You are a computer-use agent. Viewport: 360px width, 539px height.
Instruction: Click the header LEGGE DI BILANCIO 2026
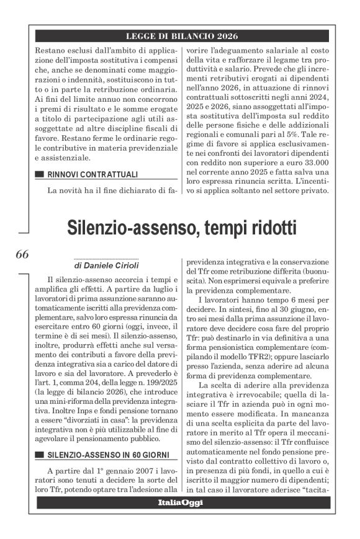(182, 36)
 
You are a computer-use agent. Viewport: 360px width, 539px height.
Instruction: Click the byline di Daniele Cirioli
(106, 266)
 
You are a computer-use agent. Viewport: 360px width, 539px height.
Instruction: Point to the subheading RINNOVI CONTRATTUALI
(92, 174)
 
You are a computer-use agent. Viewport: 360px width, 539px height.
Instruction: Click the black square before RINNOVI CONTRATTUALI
(40, 174)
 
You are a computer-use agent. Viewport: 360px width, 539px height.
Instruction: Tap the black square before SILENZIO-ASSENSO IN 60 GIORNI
(40, 455)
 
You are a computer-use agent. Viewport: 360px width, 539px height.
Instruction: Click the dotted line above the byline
(106, 259)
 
